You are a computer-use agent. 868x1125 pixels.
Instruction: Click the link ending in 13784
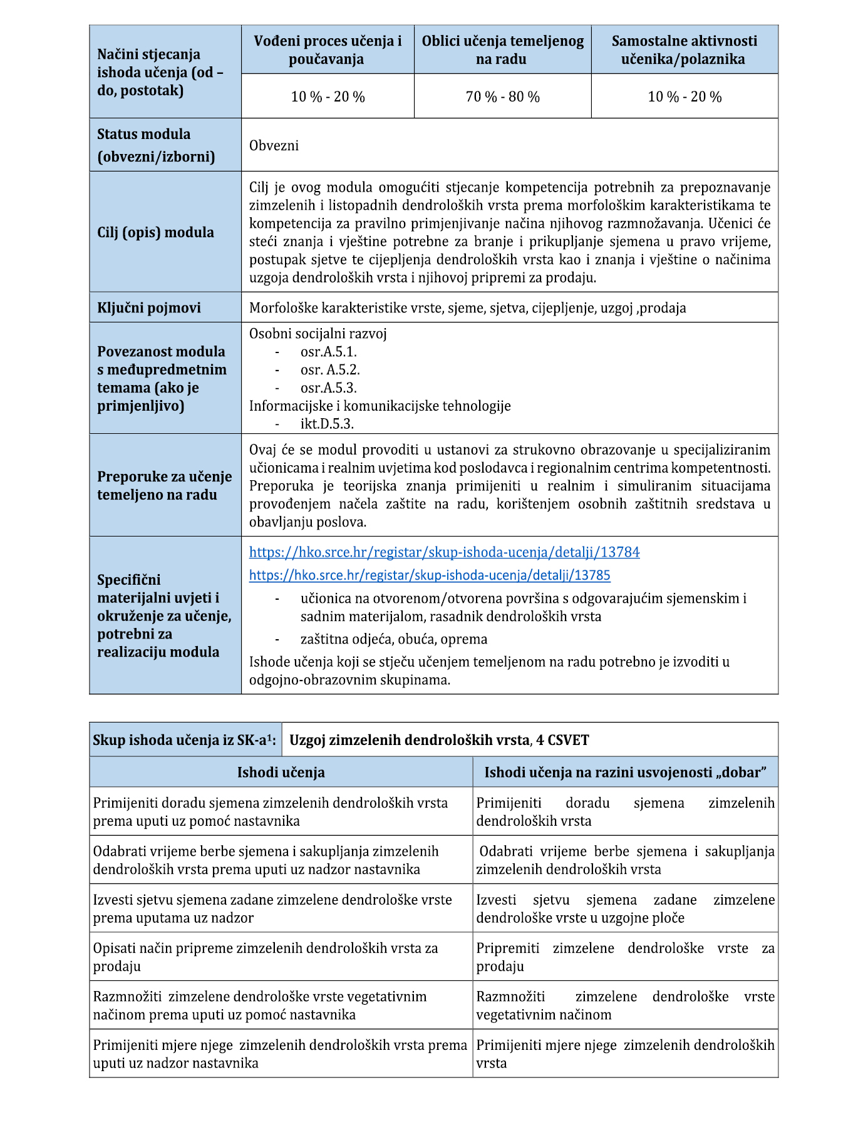(444, 552)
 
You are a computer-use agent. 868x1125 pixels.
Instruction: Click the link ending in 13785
(430, 575)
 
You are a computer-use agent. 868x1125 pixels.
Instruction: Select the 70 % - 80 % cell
(502, 97)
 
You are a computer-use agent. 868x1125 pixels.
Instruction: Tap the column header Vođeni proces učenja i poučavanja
(328, 50)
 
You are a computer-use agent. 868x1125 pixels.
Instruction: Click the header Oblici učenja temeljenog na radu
(502, 50)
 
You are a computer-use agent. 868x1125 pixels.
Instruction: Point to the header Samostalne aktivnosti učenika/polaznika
(684, 50)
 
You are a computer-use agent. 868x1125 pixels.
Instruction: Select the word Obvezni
(274, 146)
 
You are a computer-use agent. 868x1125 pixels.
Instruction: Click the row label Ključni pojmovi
(149, 308)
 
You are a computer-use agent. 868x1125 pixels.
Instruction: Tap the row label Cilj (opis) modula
(155, 233)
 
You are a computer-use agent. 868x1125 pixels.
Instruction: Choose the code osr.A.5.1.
(328, 352)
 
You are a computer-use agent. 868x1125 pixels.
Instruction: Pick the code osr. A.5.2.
(330, 370)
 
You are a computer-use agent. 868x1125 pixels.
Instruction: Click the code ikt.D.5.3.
(327, 424)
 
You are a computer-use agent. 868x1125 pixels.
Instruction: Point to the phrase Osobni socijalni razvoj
(318, 334)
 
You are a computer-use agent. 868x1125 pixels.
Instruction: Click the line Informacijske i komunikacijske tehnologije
(380, 406)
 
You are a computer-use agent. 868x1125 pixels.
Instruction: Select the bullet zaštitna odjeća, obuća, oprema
(393, 639)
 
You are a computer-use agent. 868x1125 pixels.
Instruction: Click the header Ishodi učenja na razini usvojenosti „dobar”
(625, 773)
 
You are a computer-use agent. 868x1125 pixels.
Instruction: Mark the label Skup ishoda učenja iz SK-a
(183, 741)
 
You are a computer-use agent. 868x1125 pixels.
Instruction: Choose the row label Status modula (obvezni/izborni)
(155, 145)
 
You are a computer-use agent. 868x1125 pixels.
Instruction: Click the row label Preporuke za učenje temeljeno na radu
(164, 486)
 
